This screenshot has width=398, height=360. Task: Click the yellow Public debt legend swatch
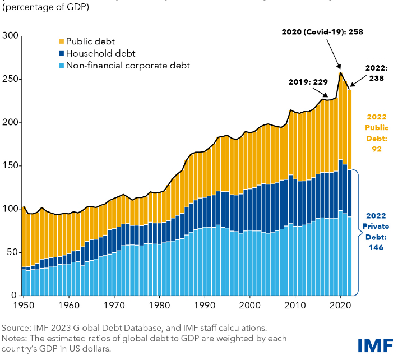pos(61,41)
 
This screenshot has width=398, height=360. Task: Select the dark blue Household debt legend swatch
pos(61,54)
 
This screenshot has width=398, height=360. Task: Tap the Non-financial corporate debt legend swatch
pos(61,66)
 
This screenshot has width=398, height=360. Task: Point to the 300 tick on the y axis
pos(11,36)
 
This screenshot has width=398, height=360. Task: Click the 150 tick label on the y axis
pos(11,166)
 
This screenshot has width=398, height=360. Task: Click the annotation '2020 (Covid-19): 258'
pos(322,32)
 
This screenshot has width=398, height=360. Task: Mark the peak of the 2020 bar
pos(340,72)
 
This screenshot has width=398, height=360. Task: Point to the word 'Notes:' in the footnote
pos(16,338)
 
